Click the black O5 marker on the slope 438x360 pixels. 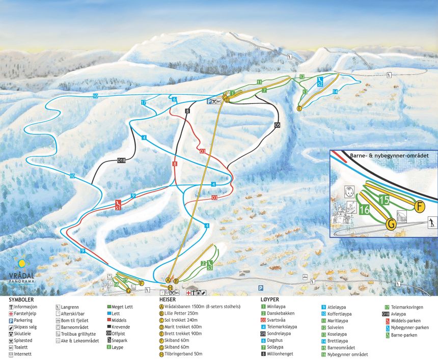pos(278,124)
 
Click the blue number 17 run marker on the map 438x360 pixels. pos(144,103)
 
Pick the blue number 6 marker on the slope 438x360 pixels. pos(174,99)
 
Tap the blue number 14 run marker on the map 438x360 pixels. pos(335,92)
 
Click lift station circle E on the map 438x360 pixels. pos(299,108)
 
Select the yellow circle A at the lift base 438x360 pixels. pos(168,280)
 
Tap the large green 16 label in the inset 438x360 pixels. pos(364,209)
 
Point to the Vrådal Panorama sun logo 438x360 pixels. pos(21,264)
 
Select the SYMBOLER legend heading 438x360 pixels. pos(20,300)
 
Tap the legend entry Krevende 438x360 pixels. pos(120,327)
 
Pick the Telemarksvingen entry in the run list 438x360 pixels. pos(407,307)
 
